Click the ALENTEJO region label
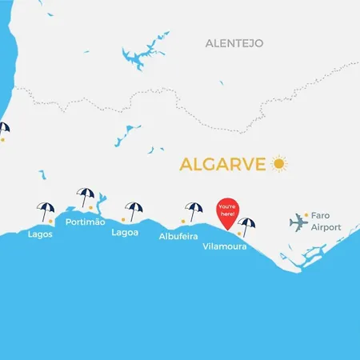(234, 42)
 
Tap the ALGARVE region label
(224, 165)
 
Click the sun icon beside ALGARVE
(278, 164)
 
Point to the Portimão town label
(86, 222)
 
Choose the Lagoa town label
(125, 233)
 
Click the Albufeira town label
(178, 236)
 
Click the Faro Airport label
(326, 222)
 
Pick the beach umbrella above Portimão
(84, 197)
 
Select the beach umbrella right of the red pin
(247, 226)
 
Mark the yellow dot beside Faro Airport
(305, 214)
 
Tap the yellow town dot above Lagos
(50, 220)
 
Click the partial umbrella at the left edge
(3, 128)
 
